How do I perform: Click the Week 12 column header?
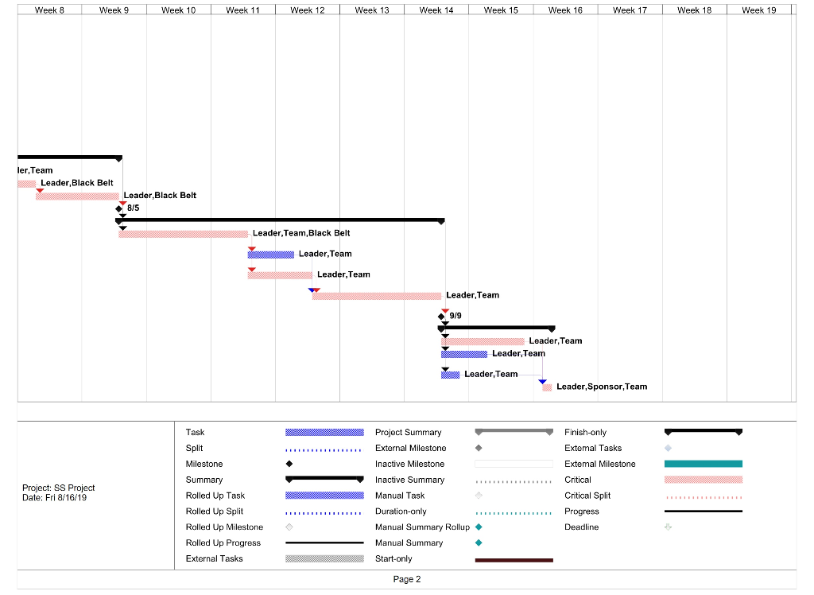tap(308, 10)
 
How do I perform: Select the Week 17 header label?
tap(630, 10)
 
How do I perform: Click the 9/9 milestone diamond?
tap(441, 316)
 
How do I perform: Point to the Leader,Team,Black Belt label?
tap(300, 233)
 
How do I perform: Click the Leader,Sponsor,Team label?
tap(601, 387)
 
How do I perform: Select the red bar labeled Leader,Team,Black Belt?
tap(184, 234)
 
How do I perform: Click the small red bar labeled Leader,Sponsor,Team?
tap(547, 387)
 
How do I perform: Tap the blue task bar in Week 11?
tap(271, 255)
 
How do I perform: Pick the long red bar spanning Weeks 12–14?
tap(377, 296)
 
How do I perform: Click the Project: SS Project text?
tap(59, 488)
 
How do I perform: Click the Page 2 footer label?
tap(406, 579)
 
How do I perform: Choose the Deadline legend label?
tap(581, 527)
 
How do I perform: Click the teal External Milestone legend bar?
tap(703, 464)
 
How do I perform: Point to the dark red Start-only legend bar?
tap(514, 560)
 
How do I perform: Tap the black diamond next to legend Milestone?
tap(289, 464)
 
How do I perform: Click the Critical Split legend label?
tap(587, 496)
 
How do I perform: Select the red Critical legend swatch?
tap(703, 480)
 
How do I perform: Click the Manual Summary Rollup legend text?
tap(422, 527)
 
